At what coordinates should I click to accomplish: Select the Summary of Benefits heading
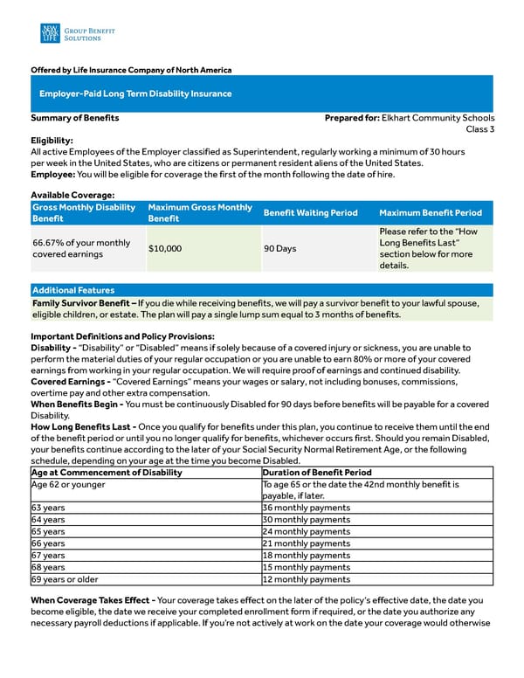tap(75, 118)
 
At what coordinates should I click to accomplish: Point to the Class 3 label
tap(479, 129)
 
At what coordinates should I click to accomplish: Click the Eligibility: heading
tap(52, 140)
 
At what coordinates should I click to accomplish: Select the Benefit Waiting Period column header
tap(310, 213)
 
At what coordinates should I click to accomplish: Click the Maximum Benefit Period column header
tap(431, 213)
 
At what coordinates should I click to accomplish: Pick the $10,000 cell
tap(165, 248)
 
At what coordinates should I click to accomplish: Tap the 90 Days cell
tap(280, 248)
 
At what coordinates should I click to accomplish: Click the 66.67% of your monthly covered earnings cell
tap(81, 248)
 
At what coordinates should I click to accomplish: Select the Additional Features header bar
tap(73, 290)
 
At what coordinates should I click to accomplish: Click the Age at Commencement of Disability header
tap(107, 472)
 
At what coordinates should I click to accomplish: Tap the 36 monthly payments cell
tap(307, 508)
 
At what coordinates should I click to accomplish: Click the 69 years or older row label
tap(65, 579)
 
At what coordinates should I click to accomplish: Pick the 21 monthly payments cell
tap(307, 543)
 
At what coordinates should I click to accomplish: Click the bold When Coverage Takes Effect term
tap(93, 600)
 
